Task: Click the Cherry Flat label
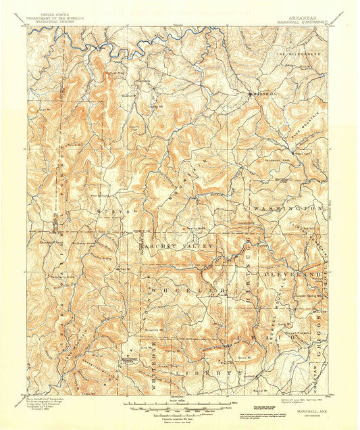pyautogui.click(x=138, y=128)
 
